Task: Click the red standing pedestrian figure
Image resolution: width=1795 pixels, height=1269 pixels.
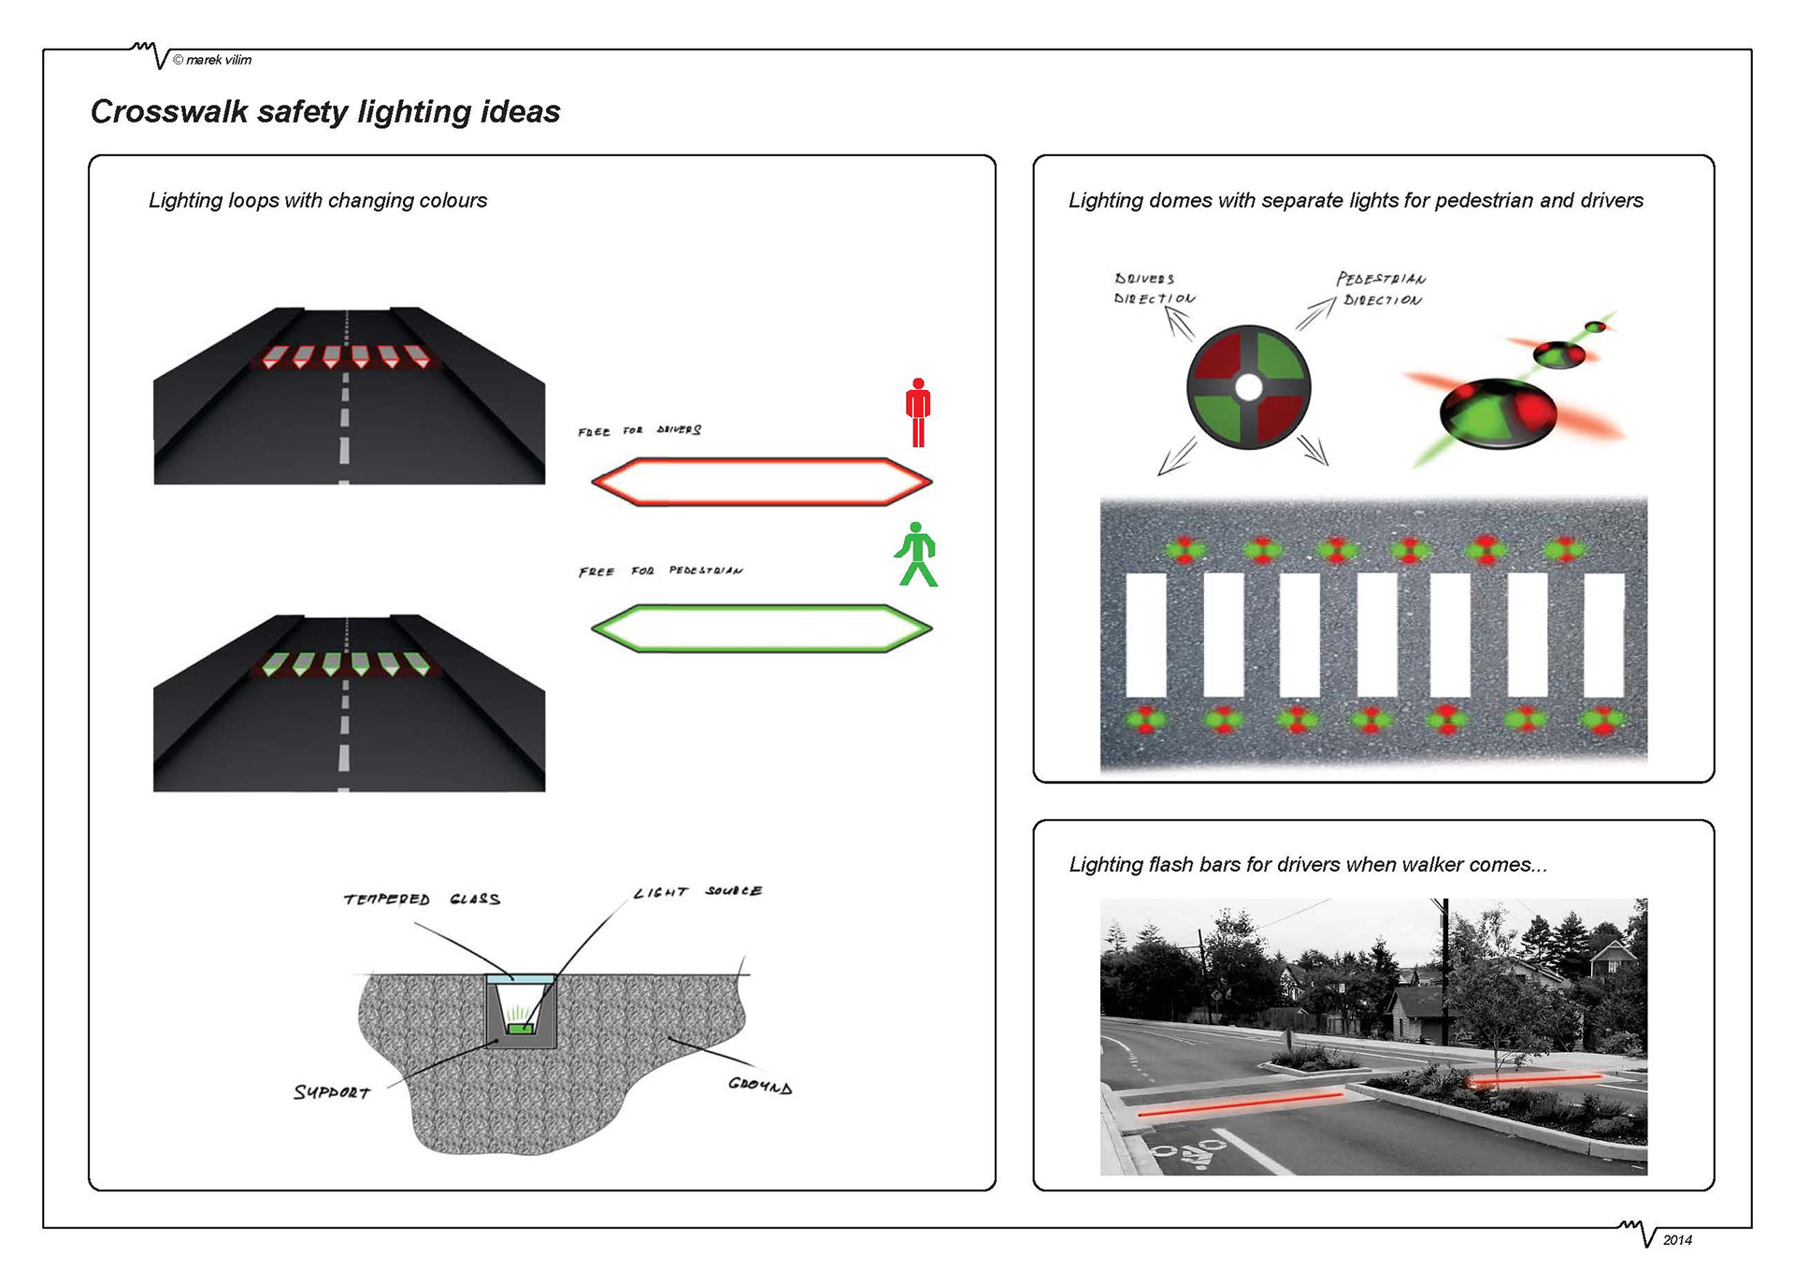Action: [x=918, y=412]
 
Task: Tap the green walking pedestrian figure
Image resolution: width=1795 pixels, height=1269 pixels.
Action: [x=916, y=555]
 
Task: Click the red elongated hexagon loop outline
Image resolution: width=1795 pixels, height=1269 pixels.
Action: [x=761, y=460]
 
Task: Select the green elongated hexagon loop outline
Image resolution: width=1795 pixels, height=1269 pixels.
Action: [x=761, y=608]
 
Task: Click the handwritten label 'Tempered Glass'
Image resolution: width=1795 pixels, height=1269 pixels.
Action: [x=422, y=900]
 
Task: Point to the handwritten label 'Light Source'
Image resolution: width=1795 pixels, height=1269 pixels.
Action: [x=697, y=892]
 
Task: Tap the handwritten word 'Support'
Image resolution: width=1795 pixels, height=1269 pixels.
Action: [x=332, y=1092]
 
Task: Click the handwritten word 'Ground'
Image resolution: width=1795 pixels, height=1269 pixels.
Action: [x=760, y=1086]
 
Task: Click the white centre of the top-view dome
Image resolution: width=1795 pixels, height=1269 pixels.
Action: [x=1249, y=386]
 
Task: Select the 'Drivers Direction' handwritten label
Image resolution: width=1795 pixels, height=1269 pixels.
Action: [x=1154, y=289]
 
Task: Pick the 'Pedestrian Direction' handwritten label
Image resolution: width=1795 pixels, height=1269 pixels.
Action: [x=1381, y=289]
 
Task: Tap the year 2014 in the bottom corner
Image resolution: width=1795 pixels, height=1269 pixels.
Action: [x=1677, y=1240]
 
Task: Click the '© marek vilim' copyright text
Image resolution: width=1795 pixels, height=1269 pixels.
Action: [x=212, y=60]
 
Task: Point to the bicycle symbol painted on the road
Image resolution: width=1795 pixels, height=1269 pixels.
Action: [x=1190, y=1154]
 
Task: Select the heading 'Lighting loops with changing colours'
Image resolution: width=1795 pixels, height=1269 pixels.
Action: [x=318, y=200]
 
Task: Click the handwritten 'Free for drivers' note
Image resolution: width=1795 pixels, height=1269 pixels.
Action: [x=639, y=431]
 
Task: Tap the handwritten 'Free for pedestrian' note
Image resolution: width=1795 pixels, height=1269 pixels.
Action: [x=661, y=571]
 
